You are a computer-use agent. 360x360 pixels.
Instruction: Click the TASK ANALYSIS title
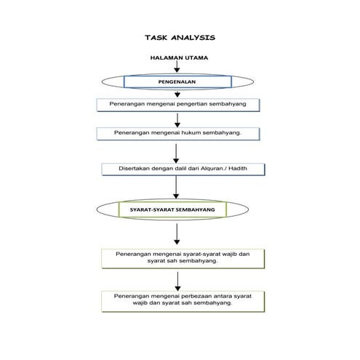[180, 38]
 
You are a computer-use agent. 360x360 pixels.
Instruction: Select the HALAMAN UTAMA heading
[179, 57]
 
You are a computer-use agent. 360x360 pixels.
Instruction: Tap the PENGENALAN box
[177, 82]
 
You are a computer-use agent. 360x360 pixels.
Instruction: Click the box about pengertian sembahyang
[178, 105]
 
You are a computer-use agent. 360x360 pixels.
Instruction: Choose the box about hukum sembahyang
[178, 134]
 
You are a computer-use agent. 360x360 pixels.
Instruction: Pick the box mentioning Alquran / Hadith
[182, 169]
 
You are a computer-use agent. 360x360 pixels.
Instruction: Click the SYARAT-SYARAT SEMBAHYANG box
[173, 209]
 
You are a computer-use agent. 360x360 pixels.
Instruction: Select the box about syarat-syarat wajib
[182, 257]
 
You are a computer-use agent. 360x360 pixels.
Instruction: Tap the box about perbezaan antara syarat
[182, 300]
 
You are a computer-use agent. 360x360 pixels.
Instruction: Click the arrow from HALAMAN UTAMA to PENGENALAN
[177, 68]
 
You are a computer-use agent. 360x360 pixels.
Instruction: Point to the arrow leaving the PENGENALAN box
[177, 93]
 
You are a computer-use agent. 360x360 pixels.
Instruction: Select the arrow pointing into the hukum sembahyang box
[177, 120]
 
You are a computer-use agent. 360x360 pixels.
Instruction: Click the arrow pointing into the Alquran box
[177, 152]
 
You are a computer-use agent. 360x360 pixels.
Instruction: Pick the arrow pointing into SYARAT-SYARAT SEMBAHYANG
[177, 188]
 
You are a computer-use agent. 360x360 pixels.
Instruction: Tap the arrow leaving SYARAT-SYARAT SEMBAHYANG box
[177, 233]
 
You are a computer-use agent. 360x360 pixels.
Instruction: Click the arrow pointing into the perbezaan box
[177, 280]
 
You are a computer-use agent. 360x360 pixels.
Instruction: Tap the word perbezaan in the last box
[193, 297]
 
